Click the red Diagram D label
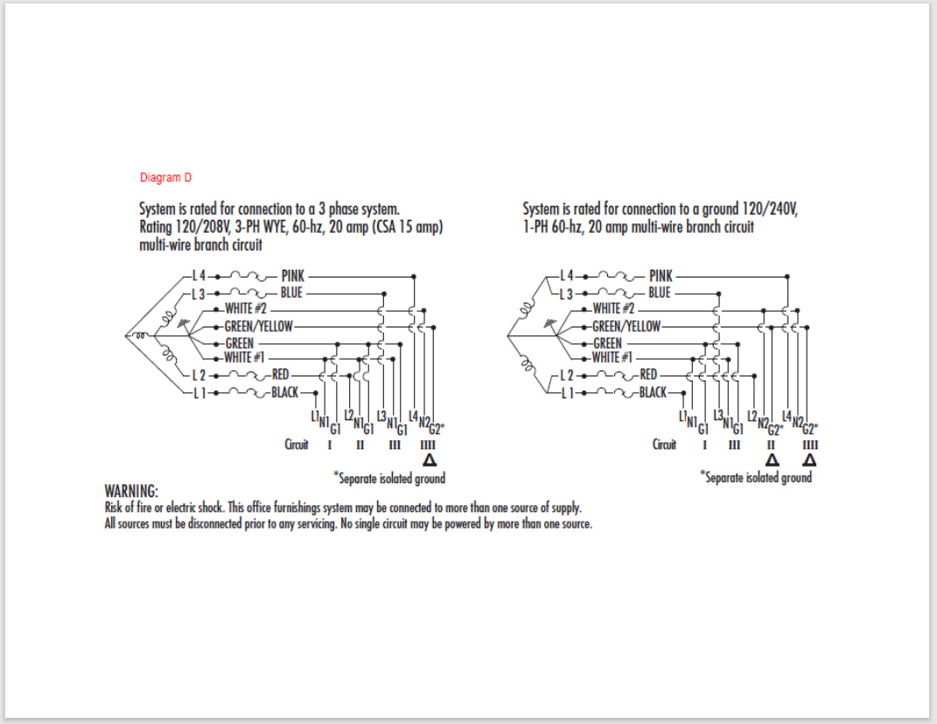point(165,178)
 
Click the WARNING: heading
point(131,490)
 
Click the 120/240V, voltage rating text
point(762,210)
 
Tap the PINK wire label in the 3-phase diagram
point(293,276)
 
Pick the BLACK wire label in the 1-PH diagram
point(653,392)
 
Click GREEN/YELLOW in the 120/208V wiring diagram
point(259,326)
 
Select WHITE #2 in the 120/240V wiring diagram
point(613,308)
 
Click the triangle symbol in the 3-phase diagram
point(429,460)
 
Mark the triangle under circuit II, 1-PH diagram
point(773,460)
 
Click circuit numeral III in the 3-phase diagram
point(395,445)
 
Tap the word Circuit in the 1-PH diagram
point(665,445)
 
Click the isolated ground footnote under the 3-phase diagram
point(389,478)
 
